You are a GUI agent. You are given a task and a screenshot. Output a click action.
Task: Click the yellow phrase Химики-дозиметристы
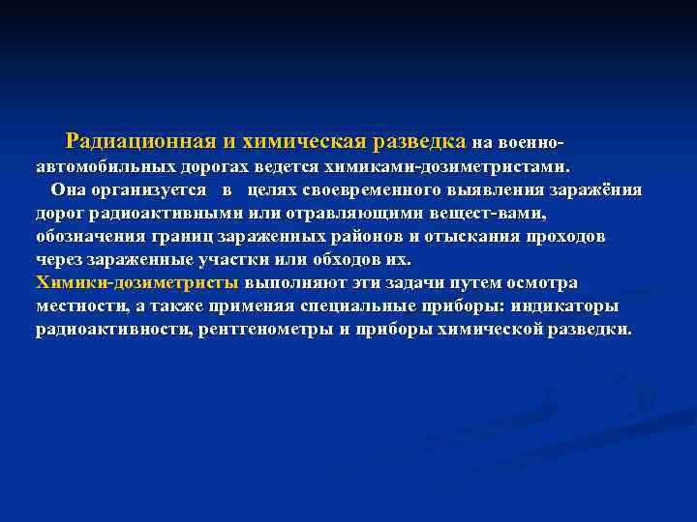tap(136, 283)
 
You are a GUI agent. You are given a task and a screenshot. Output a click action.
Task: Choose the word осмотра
tap(540, 283)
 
